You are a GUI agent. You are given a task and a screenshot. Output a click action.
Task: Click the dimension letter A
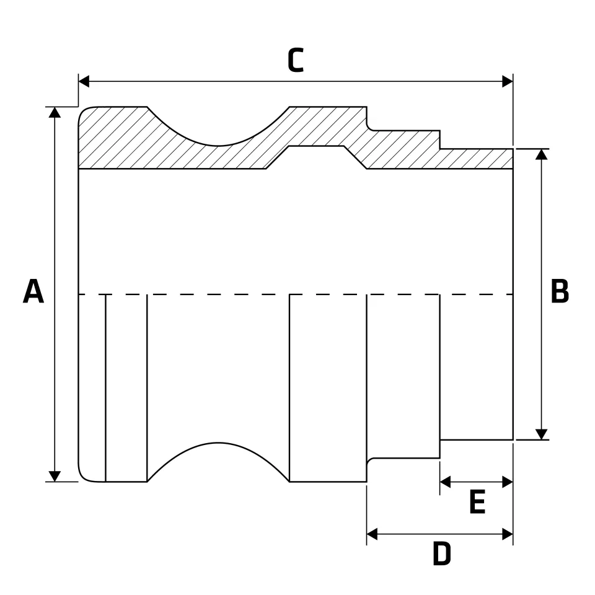(33, 291)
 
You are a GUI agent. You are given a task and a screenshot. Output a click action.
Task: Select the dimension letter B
(560, 291)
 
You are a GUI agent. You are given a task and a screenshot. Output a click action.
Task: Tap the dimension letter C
(296, 60)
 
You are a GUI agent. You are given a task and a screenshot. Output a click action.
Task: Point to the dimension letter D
(442, 553)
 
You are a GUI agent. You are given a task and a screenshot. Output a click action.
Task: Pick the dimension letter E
(477, 501)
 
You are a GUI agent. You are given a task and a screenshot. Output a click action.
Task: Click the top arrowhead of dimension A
(55, 112)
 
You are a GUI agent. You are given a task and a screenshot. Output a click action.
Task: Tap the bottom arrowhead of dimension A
(55, 476)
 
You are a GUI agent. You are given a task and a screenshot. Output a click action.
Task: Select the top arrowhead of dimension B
(541, 154)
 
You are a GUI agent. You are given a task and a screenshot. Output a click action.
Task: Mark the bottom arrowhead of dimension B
(541, 434)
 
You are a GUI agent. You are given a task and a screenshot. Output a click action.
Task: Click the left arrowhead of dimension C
(84, 81)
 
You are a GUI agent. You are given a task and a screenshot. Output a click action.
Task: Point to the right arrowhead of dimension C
(508, 81)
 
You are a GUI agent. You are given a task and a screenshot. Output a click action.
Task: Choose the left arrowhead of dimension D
(372, 534)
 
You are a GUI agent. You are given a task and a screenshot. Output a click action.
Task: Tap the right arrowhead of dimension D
(508, 534)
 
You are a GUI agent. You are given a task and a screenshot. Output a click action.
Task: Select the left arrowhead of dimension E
(445, 482)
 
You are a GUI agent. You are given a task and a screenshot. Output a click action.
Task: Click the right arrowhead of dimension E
(508, 482)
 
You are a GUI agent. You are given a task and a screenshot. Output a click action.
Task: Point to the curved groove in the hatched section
(218, 145)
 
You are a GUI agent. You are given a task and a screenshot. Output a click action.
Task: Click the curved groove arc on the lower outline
(218, 443)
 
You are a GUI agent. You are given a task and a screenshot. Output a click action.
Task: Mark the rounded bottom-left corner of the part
(84, 477)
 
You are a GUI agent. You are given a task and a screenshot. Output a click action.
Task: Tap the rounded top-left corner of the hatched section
(84, 112)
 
